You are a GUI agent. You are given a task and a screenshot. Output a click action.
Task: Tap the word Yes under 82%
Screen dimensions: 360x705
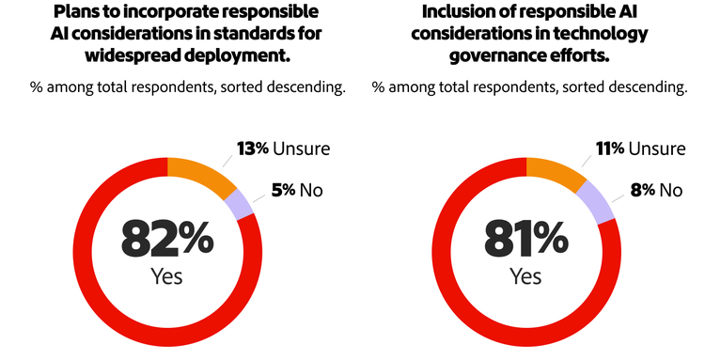click(x=166, y=277)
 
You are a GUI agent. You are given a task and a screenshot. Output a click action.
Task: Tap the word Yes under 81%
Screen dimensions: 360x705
click(x=525, y=277)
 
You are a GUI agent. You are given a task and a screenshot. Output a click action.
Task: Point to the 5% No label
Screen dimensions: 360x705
click(x=297, y=190)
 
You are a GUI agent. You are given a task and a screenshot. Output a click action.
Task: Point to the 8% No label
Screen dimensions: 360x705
click(x=657, y=190)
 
